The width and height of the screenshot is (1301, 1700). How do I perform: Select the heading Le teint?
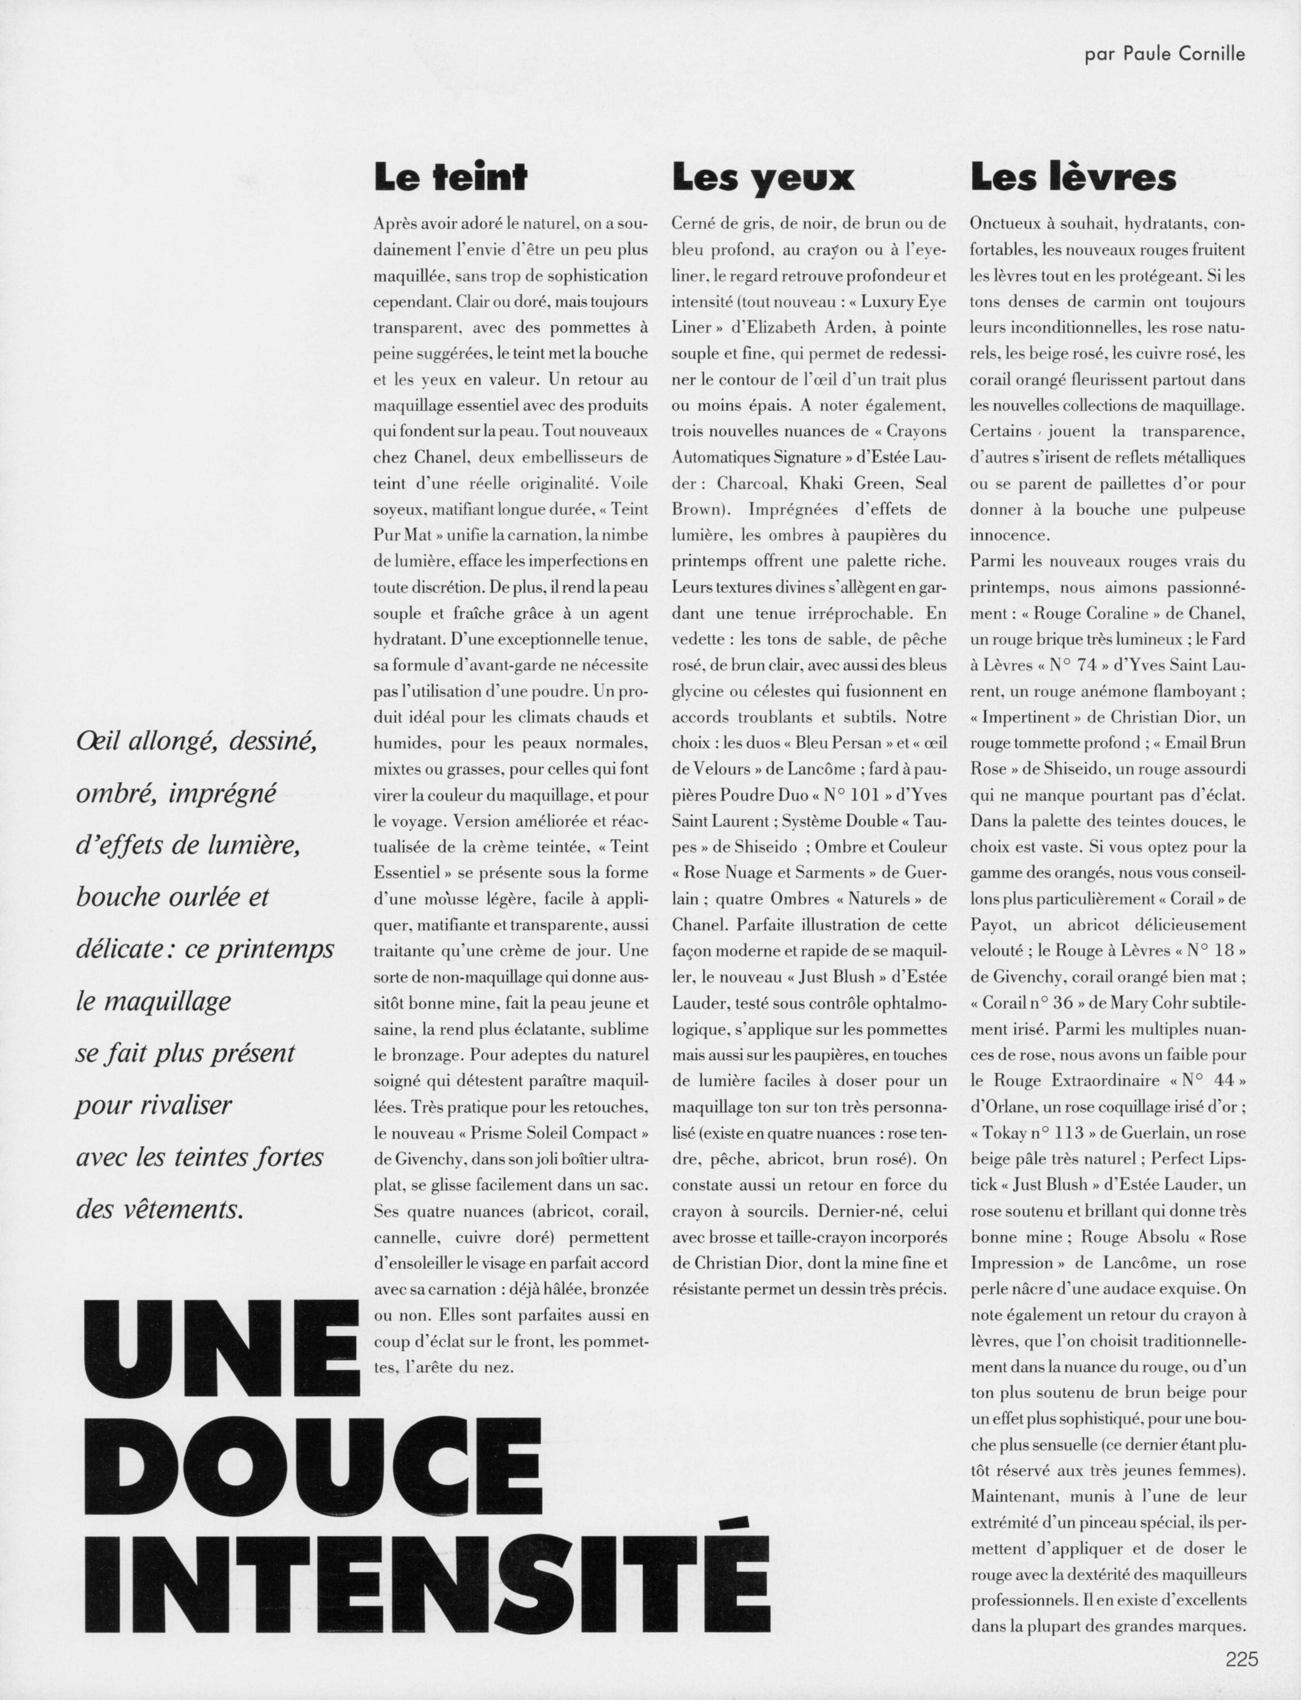450,178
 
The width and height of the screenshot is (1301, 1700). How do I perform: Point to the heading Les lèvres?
1073,178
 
